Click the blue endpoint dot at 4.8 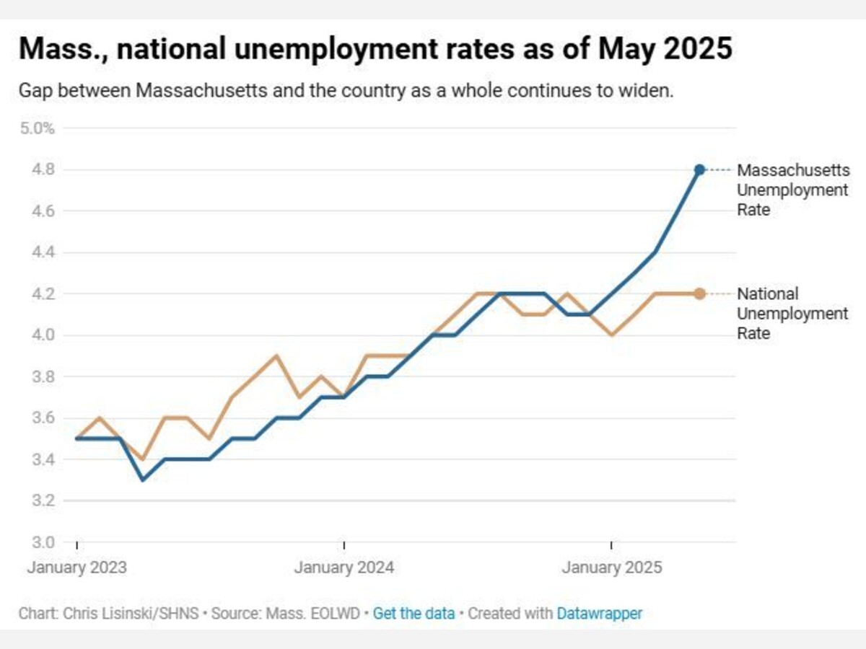pyautogui.click(x=699, y=169)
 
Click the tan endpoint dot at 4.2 pyautogui.click(x=699, y=293)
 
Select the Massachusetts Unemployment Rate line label pyautogui.click(x=792, y=190)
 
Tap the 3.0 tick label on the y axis pyautogui.click(x=43, y=542)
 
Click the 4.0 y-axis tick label pyautogui.click(x=43, y=335)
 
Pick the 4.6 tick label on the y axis pyautogui.click(x=43, y=211)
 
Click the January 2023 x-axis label pyautogui.click(x=76, y=568)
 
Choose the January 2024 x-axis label pyautogui.click(x=344, y=568)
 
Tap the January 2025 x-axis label pyautogui.click(x=611, y=568)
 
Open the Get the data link pyautogui.click(x=414, y=614)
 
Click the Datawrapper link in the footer pyautogui.click(x=599, y=614)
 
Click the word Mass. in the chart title pyautogui.click(x=51, y=50)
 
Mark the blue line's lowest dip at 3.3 pyautogui.click(x=143, y=480)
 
